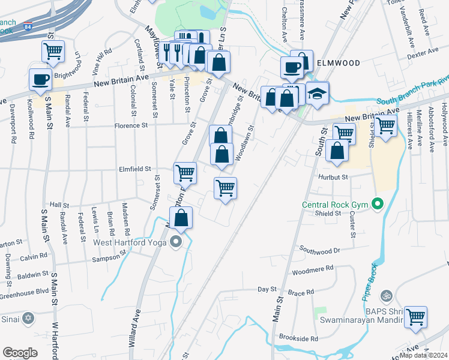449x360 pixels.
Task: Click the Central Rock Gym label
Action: coord(335,205)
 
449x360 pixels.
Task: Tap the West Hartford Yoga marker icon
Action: coord(175,242)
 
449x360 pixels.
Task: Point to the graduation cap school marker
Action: coord(317,94)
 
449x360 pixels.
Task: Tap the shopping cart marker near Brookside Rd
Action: coord(415,317)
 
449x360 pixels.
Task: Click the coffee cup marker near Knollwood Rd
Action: coord(41,79)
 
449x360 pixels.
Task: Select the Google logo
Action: coord(20,353)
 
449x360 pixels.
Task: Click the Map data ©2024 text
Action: coord(423,355)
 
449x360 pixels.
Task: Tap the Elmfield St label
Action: coord(134,169)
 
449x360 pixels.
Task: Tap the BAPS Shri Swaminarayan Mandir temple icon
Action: coord(387,295)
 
